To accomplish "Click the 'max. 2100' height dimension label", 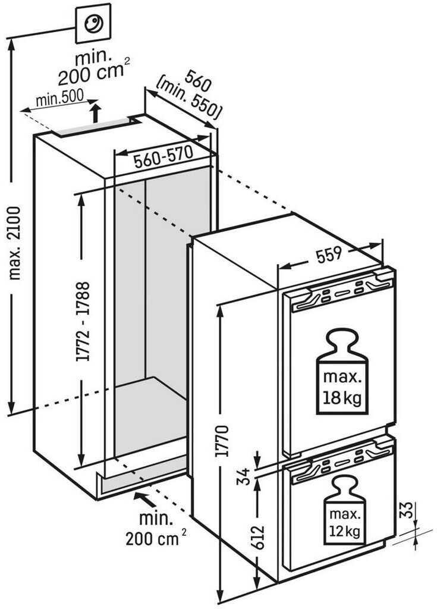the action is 15,243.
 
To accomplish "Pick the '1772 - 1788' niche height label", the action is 83,322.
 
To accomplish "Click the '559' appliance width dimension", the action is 329,255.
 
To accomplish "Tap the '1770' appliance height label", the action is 223,441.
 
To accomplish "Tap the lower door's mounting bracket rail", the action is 341,462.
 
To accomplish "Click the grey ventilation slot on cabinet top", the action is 95,127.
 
